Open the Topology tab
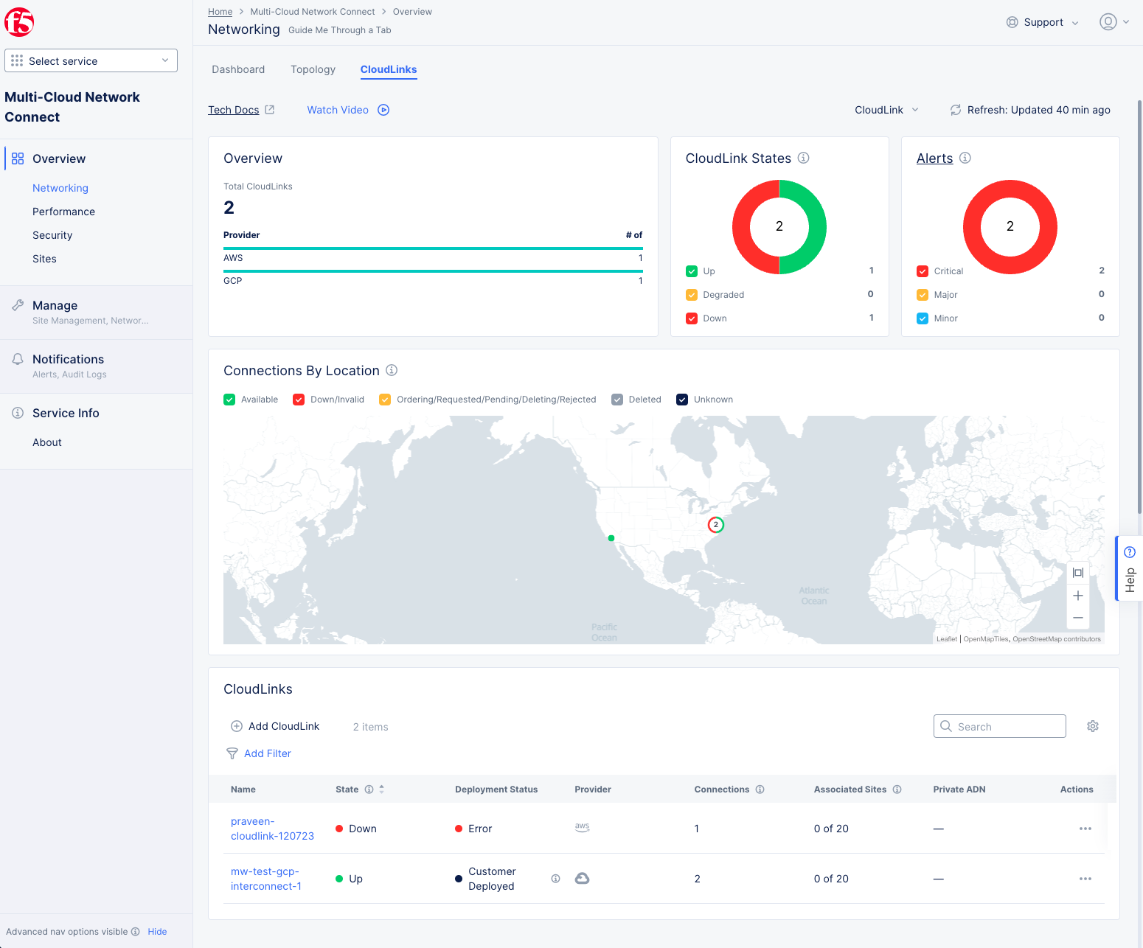(x=313, y=69)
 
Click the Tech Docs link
(x=234, y=110)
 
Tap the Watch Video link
(x=338, y=110)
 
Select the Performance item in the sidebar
(x=63, y=212)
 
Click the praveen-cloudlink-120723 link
(x=272, y=829)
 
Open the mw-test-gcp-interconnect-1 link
(x=266, y=879)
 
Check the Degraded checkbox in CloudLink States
(x=692, y=295)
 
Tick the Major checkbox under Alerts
(x=923, y=295)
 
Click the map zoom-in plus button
(x=1078, y=596)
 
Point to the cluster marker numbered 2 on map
(x=715, y=525)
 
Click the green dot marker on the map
(x=611, y=538)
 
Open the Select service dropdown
(x=91, y=60)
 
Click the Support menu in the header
(x=1043, y=22)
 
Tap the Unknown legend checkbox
(x=682, y=400)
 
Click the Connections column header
(x=721, y=790)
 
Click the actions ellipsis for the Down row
(x=1085, y=829)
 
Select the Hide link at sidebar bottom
(x=157, y=932)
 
